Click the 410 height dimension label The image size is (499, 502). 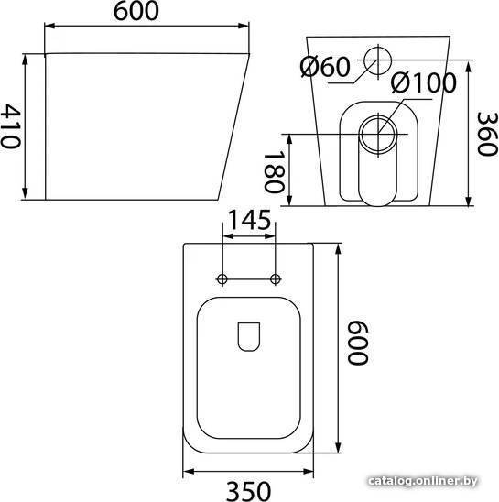point(11,126)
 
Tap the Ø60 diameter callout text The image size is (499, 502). point(325,67)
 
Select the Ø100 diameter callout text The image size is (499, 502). point(423,83)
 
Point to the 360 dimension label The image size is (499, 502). point(487,134)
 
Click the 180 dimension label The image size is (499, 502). point(274,172)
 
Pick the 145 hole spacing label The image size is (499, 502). point(249,220)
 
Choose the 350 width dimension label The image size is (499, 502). point(249,491)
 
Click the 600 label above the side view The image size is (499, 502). point(136,11)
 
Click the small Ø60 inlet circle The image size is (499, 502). point(378,60)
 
